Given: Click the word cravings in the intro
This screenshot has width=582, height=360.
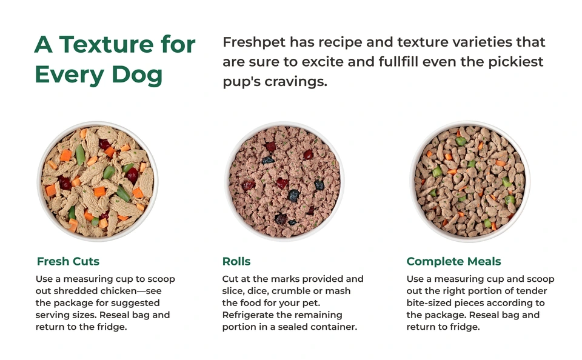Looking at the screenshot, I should tap(295, 81).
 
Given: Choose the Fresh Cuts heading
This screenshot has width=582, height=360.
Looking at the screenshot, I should tap(68, 262).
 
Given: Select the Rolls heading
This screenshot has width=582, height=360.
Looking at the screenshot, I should tap(236, 262).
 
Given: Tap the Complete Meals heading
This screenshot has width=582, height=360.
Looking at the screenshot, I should tap(453, 262).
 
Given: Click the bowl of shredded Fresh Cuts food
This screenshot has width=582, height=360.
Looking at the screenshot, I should tap(97, 181).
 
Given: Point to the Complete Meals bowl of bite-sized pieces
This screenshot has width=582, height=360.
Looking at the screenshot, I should tap(470, 181).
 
